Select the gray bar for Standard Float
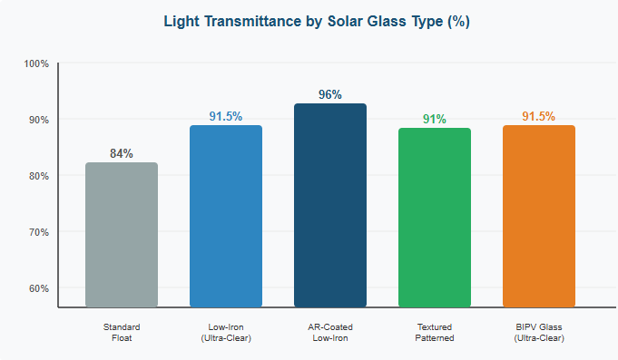(x=122, y=235)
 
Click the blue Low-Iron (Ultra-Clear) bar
(x=226, y=217)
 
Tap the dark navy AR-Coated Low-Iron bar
(x=330, y=206)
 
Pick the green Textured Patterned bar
(x=435, y=218)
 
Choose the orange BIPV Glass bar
(x=539, y=217)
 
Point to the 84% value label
(x=122, y=153)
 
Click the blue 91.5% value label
(x=226, y=116)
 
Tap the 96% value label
(x=330, y=94)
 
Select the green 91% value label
(x=435, y=119)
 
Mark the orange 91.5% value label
(x=539, y=116)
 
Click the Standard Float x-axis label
(x=122, y=332)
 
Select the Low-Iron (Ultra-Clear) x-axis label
(x=226, y=332)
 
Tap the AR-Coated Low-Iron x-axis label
(x=330, y=332)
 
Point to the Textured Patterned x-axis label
(x=435, y=332)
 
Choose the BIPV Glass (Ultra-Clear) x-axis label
(x=539, y=332)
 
